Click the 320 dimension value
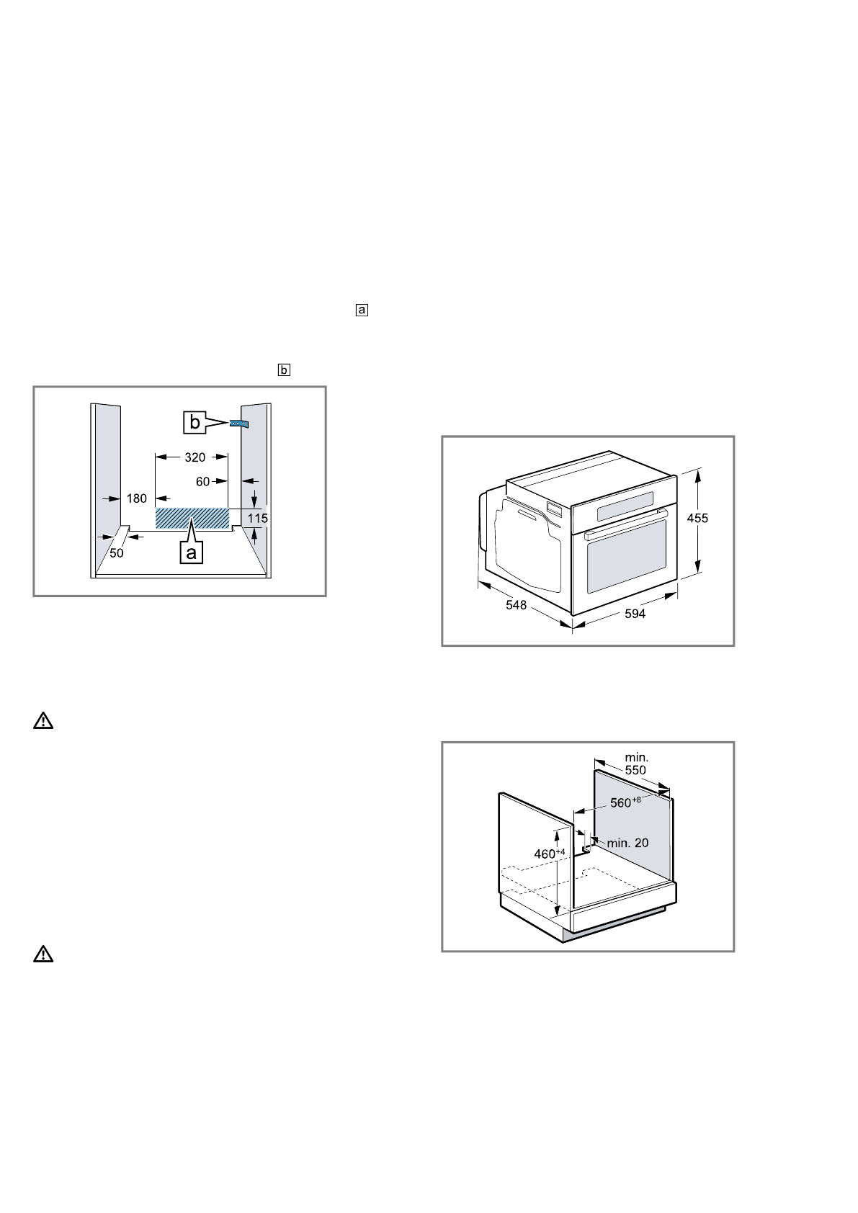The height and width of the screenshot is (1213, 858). [195, 457]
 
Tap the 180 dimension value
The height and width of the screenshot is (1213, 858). [137, 498]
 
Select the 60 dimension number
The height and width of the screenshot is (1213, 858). [202, 481]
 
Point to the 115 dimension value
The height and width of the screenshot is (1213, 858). [258, 518]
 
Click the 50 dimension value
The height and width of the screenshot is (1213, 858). [116, 553]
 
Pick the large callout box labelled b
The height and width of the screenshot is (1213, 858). [195, 423]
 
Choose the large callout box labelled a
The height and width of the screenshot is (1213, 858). [190, 552]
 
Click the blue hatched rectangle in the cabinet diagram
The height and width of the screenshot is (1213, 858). [192, 518]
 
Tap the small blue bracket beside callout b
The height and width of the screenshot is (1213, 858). [238, 424]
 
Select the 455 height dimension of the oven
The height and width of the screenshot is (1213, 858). [697, 518]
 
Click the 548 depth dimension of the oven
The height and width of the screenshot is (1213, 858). [516, 605]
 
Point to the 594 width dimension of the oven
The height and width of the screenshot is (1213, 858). [634, 614]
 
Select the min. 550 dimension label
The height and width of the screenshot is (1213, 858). [636, 764]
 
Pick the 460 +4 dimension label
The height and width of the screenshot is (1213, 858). [548, 854]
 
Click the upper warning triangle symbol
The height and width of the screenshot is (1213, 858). [44, 721]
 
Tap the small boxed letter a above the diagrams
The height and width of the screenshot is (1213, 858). [362, 310]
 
